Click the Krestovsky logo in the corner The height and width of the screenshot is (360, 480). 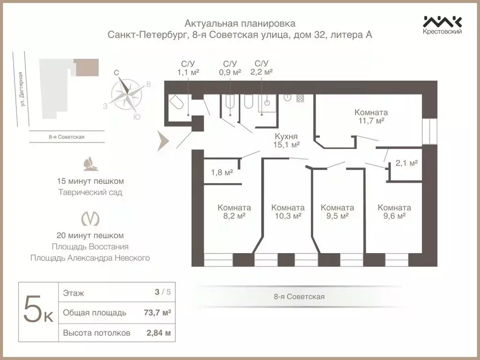pos(442,25)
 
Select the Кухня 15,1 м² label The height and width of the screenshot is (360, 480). pos(287,141)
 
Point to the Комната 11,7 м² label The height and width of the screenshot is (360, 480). pos(371,117)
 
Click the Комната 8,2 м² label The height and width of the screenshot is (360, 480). pos(234,212)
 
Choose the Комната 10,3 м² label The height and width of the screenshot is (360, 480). pos(288,212)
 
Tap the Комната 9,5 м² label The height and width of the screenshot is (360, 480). pos(337,212)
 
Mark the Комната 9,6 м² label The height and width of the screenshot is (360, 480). pos(394,212)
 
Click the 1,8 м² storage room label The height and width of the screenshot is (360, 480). pos(222,172)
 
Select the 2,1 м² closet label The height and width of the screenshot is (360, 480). pos(406,163)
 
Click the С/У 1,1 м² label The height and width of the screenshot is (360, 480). pos(188,68)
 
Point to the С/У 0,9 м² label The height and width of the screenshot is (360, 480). pos(230,68)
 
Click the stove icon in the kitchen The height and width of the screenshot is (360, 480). pos(300,98)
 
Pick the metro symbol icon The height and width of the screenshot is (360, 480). pos(90,218)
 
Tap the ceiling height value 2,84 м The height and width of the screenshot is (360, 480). pos(157,333)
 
